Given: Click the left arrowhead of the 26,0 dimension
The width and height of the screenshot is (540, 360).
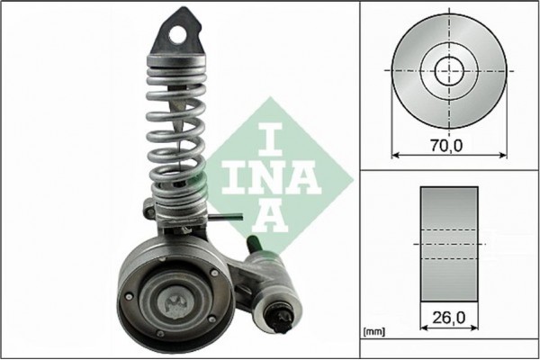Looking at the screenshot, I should pyautogui.click(x=423, y=330).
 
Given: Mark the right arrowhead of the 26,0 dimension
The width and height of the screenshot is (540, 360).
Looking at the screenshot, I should pyautogui.click(x=476, y=330).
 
